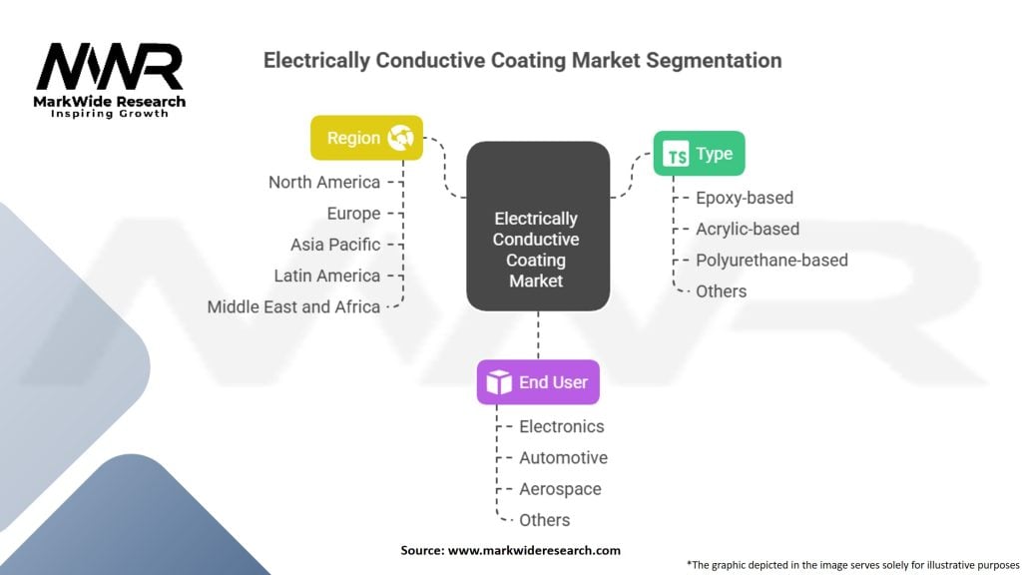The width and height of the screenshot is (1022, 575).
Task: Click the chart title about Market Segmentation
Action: click(x=522, y=60)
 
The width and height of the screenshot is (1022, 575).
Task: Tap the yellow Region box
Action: click(x=366, y=138)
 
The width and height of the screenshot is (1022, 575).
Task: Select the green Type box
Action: click(x=699, y=154)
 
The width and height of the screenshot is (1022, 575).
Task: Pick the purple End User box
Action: click(x=538, y=381)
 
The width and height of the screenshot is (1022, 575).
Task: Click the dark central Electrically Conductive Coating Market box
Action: click(x=537, y=226)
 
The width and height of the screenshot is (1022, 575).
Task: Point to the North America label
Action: click(x=324, y=182)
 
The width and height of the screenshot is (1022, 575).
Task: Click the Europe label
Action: click(x=353, y=213)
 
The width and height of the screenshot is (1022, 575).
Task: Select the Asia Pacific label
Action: click(x=335, y=244)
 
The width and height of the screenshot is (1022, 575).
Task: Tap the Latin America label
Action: click(x=327, y=276)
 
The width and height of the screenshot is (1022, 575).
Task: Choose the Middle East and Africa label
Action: click(x=293, y=306)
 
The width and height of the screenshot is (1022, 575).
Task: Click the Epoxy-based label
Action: click(x=745, y=198)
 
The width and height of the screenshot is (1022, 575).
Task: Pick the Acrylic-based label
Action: click(x=748, y=229)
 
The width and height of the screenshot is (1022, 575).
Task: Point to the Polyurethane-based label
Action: click(x=771, y=260)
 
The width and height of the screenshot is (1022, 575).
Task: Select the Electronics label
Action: click(x=562, y=426)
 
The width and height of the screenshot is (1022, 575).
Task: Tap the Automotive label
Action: click(x=563, y=457)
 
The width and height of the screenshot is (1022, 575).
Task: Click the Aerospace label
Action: click(x=560, y=489)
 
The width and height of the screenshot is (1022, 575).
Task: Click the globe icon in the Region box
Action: click(x=401, y=138)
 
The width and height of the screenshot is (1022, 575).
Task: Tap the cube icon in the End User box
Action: click(x=499, y=382)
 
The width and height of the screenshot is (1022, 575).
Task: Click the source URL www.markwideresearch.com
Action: click(x=536, y=550)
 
